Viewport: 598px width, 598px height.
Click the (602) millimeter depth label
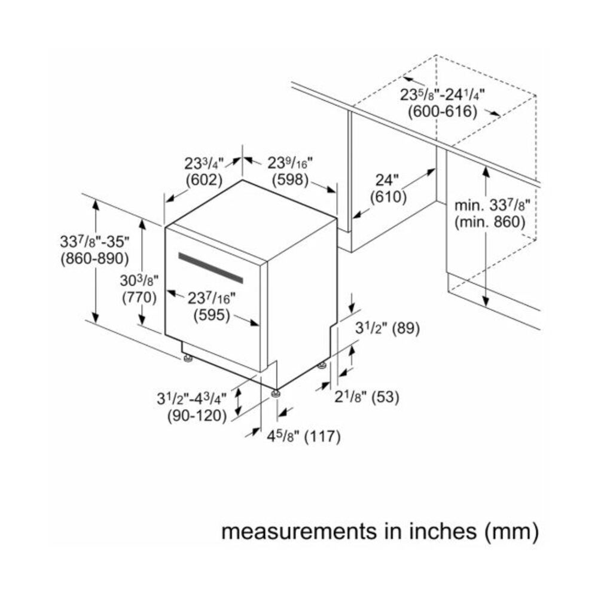tap(204, 179)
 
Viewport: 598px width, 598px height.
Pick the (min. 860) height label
tap(489, 222)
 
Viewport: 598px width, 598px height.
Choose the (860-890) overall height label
tap(95, 258)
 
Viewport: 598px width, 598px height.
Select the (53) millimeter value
tap(385, 396)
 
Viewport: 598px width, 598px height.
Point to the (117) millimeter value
tap(322, 437)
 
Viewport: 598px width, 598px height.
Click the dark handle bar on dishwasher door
tap(210, 268)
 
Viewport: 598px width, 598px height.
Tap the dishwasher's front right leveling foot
tap(276, 393)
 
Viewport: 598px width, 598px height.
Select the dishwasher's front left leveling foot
tap(188, 359)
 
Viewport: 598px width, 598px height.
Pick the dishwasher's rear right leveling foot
tap(323, 364)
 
